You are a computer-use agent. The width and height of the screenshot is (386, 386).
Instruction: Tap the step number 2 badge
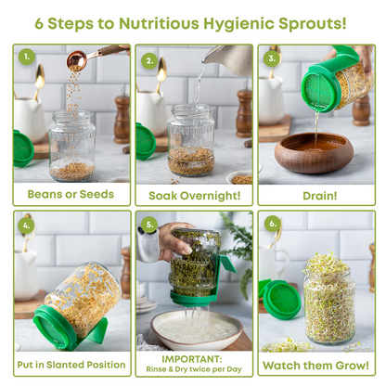click(x=149, y=60)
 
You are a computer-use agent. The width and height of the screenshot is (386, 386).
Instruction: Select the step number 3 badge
click(x=273, y=58)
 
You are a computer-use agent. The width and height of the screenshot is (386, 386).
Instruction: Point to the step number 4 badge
click(x=28, y=223)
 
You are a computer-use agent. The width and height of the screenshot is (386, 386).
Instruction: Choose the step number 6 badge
click(x=273, y=224)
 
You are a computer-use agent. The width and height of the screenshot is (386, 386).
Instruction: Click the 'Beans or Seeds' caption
click(x=71, y=194)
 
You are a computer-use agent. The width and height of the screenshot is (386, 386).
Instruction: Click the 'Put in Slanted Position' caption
click(x=71, y=365)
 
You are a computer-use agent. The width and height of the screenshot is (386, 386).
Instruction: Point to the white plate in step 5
click(x=190, y=329)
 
